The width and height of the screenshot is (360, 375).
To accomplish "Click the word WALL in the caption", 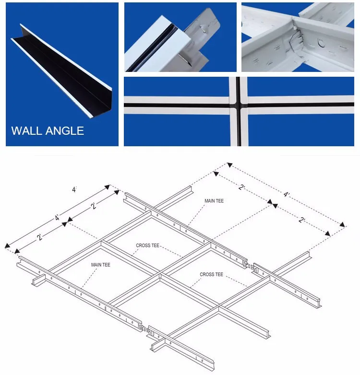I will [x=27, y=130].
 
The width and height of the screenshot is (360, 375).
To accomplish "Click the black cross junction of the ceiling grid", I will [x=239, y=103].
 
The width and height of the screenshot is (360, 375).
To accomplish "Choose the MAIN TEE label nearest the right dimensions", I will [x=214, y=201].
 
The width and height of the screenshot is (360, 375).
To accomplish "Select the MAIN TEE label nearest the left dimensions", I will [x=101, y=265].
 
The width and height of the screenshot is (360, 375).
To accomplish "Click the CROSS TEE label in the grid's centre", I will [x=147, y=246].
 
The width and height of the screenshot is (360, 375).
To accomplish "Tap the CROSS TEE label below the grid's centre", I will [x=211, y=274].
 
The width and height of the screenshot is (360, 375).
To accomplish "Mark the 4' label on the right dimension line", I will [x=287, y=195].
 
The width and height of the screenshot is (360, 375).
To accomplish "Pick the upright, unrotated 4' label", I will [x=74, y=190].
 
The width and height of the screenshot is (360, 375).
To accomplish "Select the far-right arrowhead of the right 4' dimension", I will [x=343, y=224].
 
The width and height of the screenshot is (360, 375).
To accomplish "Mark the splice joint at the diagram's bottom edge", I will [x=145, y=328].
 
